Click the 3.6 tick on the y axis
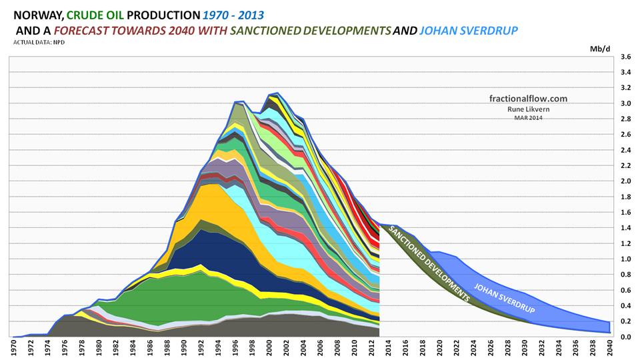coord(625,57)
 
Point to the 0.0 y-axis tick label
coord(625,337)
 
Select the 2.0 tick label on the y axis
coord(625,181)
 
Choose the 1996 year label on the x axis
coord(237,348)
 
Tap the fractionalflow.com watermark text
coord(528,98)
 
